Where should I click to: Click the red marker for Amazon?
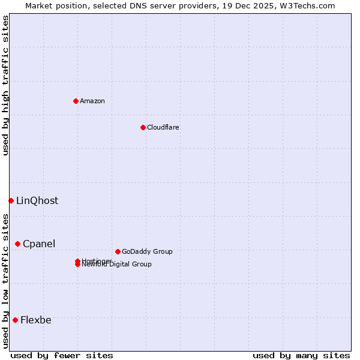(76, 101)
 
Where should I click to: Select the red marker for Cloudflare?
(143, 127)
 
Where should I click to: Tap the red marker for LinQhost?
(11, 200)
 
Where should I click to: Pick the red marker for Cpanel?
(17, 244)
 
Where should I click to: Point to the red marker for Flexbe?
(15, 320)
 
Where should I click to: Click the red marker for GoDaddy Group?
(118, 251)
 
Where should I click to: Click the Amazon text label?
(92, 101)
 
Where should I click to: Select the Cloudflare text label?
(163, 127)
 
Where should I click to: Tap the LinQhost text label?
(37, 200)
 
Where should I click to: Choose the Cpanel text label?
(39, 244)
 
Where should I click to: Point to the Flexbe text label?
(36, 320)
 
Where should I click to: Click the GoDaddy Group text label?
(147, 251)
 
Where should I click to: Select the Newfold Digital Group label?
(116, 265)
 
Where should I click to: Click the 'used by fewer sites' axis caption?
(62, 355)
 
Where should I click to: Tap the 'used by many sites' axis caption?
(301, 355)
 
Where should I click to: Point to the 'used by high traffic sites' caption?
(6, 85)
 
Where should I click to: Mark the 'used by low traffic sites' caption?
(6, 280)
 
